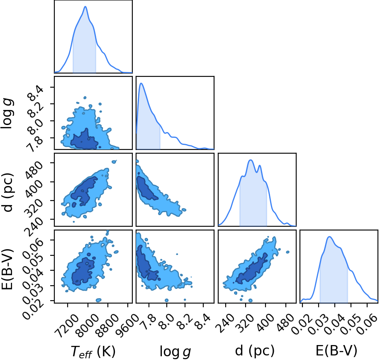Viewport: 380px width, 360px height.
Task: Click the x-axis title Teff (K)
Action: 93,351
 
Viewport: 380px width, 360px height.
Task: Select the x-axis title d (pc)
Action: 255,351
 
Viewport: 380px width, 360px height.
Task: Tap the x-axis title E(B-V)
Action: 336,351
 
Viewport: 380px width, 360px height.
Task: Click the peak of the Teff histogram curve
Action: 85,7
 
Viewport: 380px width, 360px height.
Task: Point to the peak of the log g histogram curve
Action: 141,83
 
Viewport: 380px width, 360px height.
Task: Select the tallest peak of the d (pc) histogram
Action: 251,160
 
